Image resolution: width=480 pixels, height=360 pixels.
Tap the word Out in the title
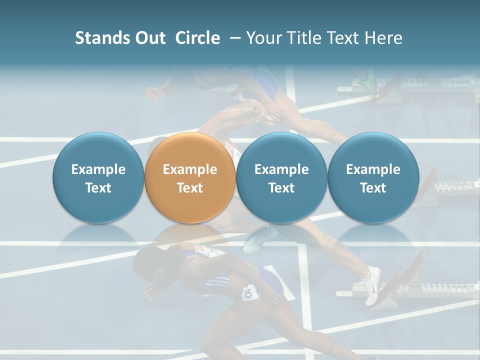coord(148,38)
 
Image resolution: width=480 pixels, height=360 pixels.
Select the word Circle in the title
coord(197,38)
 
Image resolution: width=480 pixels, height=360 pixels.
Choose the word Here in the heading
coord(384,38)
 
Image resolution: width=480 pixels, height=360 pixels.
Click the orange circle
coord(189,177)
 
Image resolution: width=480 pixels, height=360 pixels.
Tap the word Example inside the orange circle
coord(189,169)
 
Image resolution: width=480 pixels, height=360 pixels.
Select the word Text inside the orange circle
coord(189,188)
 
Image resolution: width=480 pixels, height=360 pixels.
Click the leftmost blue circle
coord(98,177)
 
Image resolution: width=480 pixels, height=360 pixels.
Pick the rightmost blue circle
coord(373,177)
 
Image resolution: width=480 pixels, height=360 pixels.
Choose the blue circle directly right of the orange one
coord(281,177)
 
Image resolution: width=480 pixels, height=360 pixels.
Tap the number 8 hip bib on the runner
coord(249,292)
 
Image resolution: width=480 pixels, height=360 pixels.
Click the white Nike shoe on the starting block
coord(372,285)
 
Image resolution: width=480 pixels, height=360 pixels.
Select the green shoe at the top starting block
coord(369,80)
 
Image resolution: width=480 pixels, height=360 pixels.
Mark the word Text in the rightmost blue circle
coord(373,188)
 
